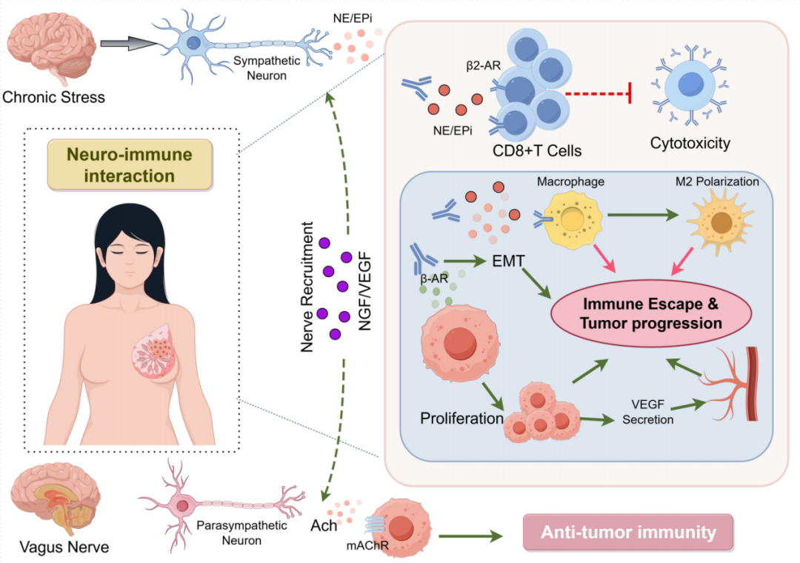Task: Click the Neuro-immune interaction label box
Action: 130,165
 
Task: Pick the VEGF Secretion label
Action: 648,413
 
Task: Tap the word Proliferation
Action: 461,418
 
